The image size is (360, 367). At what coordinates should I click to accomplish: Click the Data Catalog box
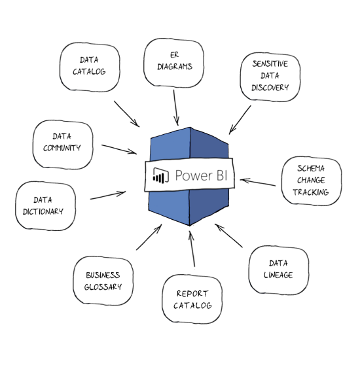point(90,67)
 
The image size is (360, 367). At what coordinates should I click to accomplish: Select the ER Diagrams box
point(174,63)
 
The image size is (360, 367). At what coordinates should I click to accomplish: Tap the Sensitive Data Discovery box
point(270,77)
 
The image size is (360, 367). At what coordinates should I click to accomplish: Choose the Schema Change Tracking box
point(312,181)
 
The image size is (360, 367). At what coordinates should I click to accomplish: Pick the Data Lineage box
point(279,270)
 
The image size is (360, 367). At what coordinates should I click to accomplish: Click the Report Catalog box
point(192,299)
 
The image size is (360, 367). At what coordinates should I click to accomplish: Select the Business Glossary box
point(103,281)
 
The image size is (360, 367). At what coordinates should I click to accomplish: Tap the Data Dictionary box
point(46,206)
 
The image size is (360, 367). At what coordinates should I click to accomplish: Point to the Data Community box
point(63,145)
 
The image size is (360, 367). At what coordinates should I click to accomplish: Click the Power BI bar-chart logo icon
point(161,175)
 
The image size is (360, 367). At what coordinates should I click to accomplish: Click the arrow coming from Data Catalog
point(127,114)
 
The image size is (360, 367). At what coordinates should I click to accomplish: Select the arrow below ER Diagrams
point(176,108)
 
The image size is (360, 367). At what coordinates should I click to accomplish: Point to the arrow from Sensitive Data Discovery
point(240,120)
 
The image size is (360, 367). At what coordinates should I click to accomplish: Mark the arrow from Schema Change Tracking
point(258,182)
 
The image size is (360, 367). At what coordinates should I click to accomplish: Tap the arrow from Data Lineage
point(228,236)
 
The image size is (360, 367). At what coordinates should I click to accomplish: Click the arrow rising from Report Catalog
point(192,249)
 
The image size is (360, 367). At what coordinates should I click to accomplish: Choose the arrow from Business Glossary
point(149,237)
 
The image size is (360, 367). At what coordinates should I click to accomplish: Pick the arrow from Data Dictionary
point(108,195)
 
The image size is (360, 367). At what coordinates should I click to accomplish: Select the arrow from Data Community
point(119,149)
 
